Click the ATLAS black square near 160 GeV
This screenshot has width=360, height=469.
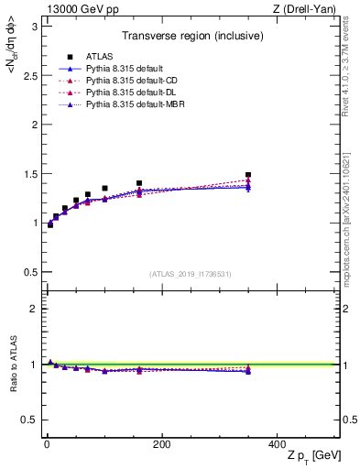coord(139,183)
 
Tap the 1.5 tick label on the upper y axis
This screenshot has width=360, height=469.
coord(27,173)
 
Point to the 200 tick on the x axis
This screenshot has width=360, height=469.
coord(161,444)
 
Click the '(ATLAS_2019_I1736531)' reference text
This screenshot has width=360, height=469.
coord(191,273)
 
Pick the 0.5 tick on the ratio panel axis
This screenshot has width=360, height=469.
coord(27,420)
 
